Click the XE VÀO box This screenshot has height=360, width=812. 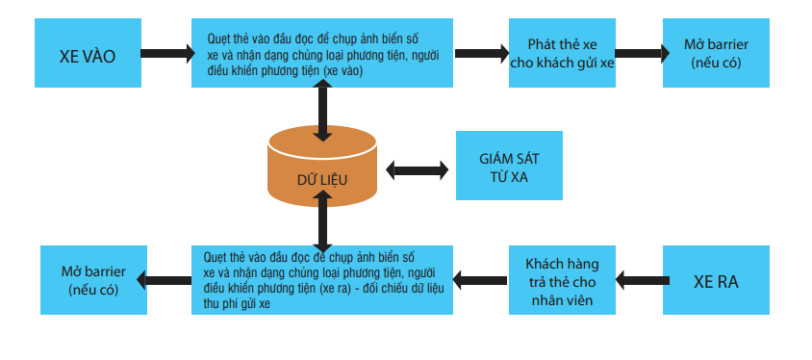tap(87, 55)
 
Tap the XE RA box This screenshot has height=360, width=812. tap(717, 282)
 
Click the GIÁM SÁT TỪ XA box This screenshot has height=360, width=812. tap(508, 167)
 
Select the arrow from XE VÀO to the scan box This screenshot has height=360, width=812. tap(166, 54)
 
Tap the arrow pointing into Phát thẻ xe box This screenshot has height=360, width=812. tap(481, 54)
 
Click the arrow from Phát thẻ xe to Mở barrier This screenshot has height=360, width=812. tap(639, 54)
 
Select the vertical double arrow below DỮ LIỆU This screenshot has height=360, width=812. tap(322, 219)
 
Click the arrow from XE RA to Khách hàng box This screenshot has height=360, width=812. tap(640, 280)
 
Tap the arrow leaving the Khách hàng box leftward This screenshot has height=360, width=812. tap(481, 280)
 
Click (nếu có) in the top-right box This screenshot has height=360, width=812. tap(717, 64)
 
